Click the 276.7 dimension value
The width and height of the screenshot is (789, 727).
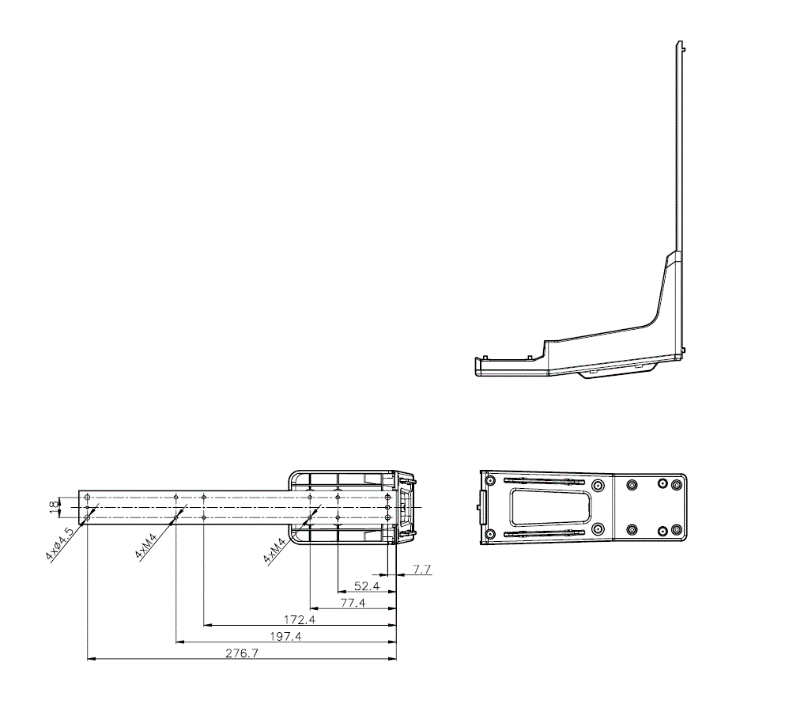[242, 653]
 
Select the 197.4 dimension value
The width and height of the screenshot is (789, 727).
[285, 636]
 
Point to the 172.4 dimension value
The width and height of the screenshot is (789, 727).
[300, 619]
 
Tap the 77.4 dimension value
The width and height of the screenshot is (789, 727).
[353, 603]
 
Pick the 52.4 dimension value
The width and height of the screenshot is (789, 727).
[367, 586]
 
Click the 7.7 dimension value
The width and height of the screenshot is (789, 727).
[421, 570]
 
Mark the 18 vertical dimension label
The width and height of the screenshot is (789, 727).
[54, 508]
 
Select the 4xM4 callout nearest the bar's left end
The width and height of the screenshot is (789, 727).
[146, 545]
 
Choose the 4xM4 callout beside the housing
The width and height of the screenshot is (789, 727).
[274, 550]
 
